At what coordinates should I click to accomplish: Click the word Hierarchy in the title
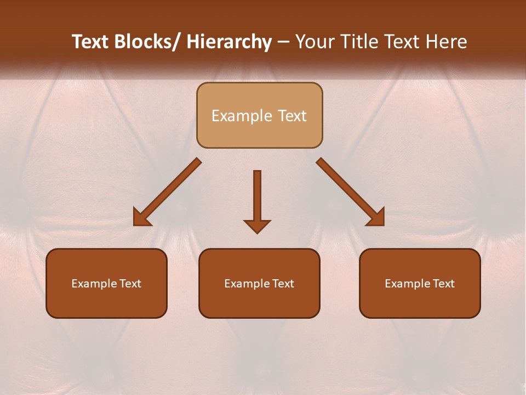[229, 42]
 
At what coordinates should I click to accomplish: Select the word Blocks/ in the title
[147, 42]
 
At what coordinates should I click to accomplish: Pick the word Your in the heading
[316, 42]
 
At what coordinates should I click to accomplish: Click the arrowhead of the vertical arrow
[257, 226]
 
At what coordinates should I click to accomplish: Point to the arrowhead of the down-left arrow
[141, 218]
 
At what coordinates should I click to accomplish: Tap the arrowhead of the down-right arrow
[377, 218]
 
